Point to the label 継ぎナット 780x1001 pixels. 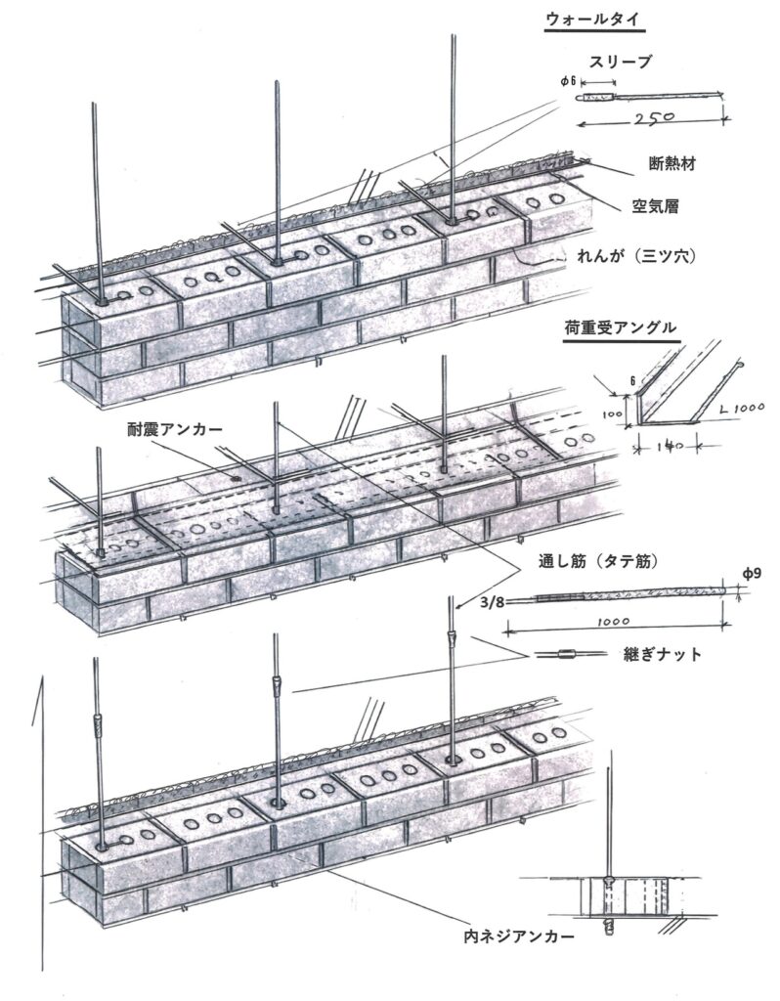(662, 655)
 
